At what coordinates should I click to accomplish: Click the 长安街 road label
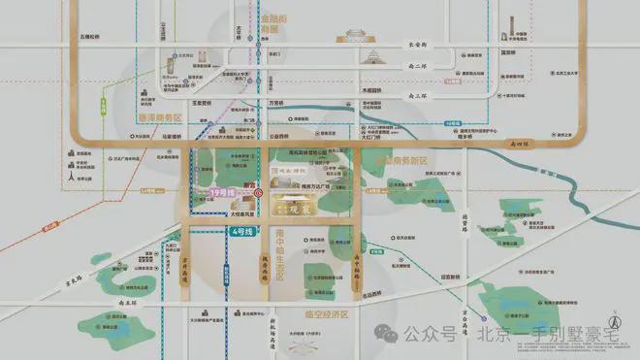(x=420, y=46)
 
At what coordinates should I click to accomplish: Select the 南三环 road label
(x=420, y=97)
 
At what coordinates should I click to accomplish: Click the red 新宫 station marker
(x=258, y=193)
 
